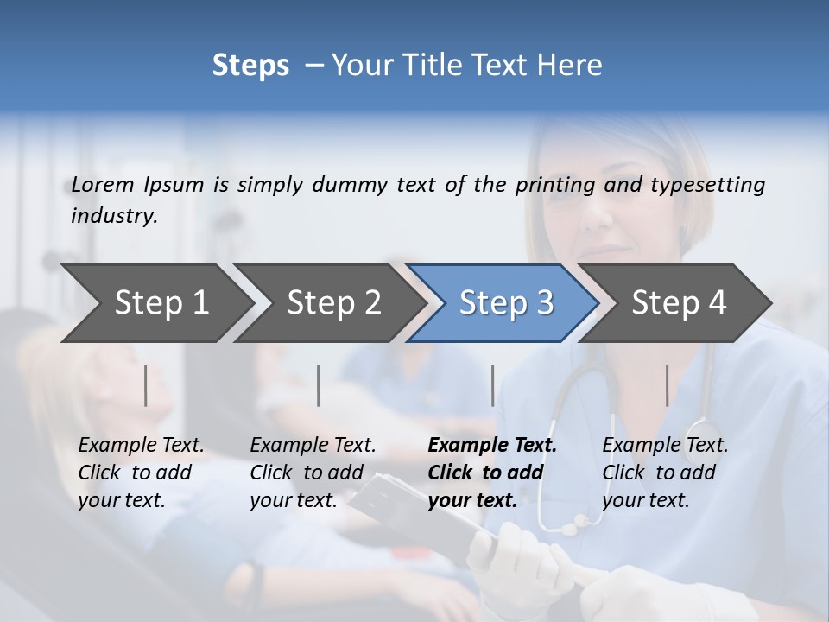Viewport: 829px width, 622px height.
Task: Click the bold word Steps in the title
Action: click(x=250, y=66)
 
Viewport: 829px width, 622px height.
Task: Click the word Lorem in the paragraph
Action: click(x=103, y=185)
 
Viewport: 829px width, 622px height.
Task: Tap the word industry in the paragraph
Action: click(x=113, y=216)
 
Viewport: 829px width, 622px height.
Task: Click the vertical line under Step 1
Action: click(x=146, y=385)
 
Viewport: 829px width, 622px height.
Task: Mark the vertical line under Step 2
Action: click(x=319, y=385)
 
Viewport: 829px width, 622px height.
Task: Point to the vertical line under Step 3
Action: click(x=493, y=385)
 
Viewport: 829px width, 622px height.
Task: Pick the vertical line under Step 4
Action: click(x=668, y=385)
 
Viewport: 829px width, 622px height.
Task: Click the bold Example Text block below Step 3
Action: click(x=491, y=473)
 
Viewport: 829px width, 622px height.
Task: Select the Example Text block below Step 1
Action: click(x=141, y=473)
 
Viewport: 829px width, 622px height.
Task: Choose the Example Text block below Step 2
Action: click(x=313, y=473)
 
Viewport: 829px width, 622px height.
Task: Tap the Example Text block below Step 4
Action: click(x=665, y=473)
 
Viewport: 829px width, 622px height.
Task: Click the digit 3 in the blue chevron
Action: click(x=544, y=303)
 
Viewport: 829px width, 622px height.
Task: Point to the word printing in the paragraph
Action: click(x=555, y=185)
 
